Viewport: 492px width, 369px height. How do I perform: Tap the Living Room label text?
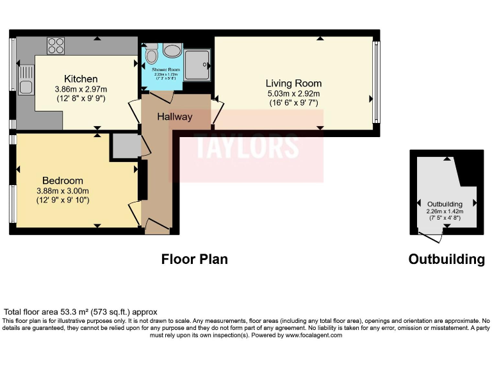[293, 83]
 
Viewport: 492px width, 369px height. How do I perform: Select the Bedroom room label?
[63, 181]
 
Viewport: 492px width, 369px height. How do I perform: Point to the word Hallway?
[174, 117]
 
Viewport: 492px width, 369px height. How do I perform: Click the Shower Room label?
[165, 70]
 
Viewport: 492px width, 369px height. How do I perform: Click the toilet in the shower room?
[152, 54]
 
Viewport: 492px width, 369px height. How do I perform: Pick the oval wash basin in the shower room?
[171, 52]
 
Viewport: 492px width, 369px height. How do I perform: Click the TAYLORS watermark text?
[247, 146]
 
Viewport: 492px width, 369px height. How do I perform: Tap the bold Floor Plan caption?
[194, 259]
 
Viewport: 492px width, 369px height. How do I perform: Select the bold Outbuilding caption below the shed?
[447, 259]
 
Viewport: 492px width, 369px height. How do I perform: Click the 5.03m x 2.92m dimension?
[293, 94]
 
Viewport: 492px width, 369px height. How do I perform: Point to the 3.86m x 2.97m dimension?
[81, 89]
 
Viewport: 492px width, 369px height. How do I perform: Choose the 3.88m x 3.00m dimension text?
[63, 191]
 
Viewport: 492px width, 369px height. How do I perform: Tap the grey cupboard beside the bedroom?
[124, 145]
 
